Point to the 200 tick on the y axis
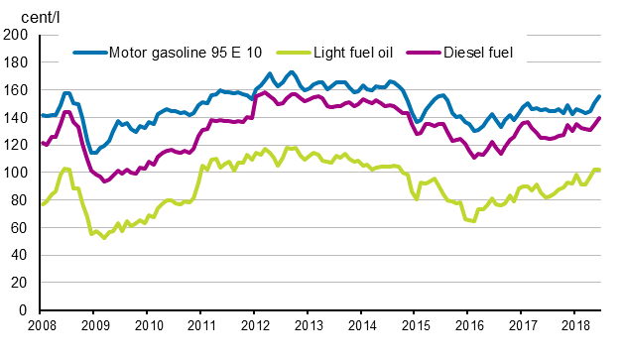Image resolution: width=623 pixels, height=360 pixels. pos(17,35)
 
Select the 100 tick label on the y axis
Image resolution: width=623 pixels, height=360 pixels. pos(17,173)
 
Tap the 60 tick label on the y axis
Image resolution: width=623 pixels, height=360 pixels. pos(21,228)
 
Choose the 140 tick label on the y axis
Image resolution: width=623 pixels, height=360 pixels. pos(17,118)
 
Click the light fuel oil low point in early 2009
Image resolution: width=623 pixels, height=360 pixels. pos(103,238)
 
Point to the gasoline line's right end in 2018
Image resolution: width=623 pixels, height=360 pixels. pos(599,96)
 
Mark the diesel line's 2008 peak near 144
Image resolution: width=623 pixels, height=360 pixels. pos(66,111)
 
